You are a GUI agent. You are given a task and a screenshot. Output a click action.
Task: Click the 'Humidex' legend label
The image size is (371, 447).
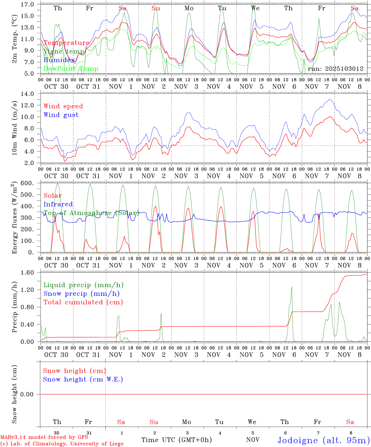59,60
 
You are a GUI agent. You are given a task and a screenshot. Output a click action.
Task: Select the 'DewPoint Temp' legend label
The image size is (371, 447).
71,69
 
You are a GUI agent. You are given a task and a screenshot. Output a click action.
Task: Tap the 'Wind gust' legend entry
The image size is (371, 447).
61,115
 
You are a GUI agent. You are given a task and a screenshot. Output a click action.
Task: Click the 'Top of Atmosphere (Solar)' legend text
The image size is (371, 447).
91,213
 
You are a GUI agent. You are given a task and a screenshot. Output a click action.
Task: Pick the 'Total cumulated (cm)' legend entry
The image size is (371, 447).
83,302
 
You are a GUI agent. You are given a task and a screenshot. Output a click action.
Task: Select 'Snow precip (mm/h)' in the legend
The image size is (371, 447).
81,294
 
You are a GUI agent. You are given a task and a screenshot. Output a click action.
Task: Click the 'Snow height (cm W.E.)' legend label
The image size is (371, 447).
83,379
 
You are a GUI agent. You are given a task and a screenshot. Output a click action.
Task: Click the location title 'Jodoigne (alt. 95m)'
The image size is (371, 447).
323,440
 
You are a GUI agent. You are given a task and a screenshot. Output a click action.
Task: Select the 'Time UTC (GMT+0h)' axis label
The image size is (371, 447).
176,440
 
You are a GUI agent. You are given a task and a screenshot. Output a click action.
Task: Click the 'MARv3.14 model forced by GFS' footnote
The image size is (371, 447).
44,437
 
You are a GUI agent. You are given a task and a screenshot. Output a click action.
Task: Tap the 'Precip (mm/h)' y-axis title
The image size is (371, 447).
14,307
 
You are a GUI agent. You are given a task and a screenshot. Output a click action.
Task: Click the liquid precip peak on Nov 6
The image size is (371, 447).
291,287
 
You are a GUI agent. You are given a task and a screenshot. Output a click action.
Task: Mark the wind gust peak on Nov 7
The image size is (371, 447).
330,99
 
